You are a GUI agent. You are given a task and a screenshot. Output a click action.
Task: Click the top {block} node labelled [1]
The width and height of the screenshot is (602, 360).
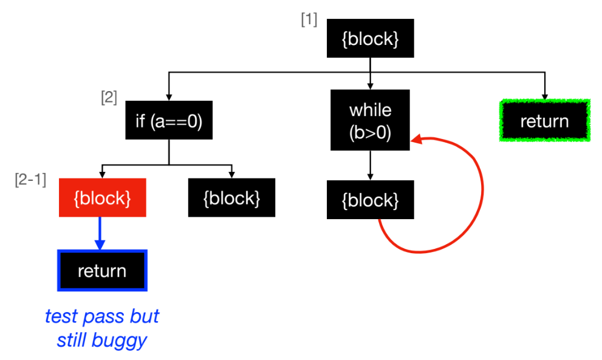pos(370,39)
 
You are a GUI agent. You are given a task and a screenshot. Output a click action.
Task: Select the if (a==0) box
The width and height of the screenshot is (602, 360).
pos(169,121)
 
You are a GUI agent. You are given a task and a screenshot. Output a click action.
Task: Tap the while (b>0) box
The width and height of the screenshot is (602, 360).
pos(370,120)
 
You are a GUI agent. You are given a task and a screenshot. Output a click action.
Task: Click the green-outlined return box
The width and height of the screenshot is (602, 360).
pos(544,121)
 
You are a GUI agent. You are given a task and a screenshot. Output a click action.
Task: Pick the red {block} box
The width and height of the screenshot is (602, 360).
pos(102,197)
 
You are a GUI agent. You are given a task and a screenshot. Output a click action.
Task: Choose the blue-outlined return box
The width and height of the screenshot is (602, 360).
pos(102,270)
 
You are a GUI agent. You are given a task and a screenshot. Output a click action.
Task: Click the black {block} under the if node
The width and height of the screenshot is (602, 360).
pos(231,197)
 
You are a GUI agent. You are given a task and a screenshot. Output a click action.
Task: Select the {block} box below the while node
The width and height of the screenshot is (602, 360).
pos(370,200)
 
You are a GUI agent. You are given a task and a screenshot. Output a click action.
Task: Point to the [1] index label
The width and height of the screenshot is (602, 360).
pos(309,19)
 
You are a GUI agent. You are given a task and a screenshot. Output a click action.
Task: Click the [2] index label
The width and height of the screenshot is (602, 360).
pos(109,97)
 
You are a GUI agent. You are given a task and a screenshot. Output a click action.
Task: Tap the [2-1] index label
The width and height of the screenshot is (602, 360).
pos(30,180)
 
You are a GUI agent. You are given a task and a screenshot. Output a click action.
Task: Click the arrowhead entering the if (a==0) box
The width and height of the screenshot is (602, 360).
pos(169,97)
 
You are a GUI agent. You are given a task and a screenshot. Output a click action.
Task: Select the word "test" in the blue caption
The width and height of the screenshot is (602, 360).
pos(61,317)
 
